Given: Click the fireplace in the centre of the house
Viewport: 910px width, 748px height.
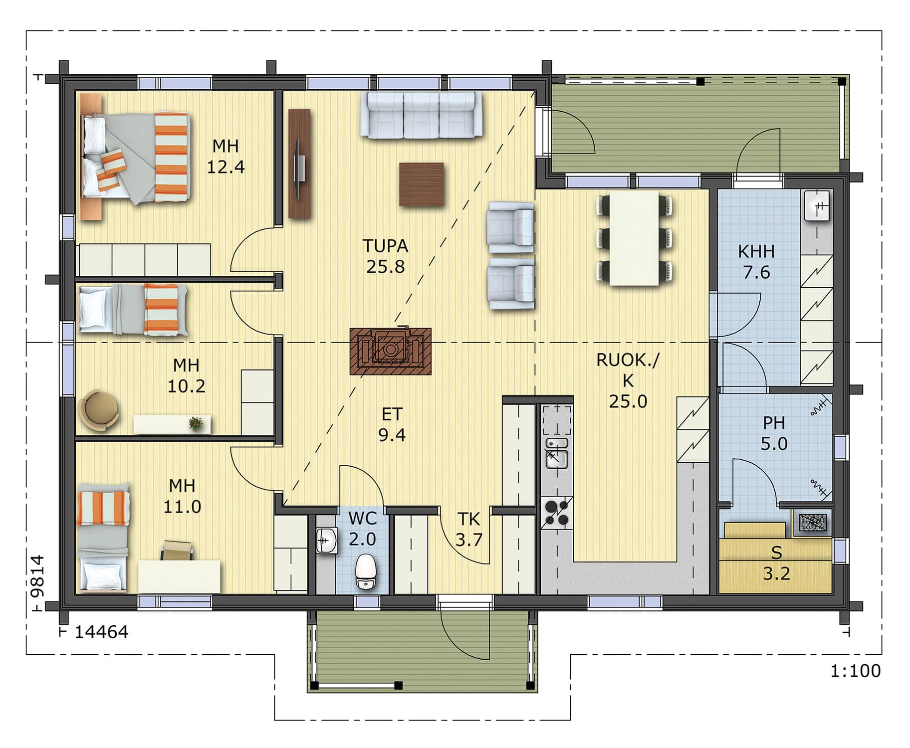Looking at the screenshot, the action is tap(390, 351).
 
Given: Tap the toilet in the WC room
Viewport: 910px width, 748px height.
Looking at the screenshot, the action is tap(366, 571).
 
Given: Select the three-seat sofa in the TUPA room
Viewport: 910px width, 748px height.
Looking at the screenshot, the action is tap(422, 114).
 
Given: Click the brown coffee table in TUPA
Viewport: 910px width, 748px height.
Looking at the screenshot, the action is tap(421, 184).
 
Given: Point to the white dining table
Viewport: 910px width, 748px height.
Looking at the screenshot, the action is tap(634, 238).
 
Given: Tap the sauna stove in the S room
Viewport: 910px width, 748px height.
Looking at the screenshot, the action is tap(812, 522).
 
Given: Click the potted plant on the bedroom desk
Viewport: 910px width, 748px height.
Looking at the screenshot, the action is tap(196, 424).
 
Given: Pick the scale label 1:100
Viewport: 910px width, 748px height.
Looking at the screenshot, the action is tap(855, 671).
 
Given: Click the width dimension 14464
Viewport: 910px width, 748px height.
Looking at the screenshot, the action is tap(101, 632).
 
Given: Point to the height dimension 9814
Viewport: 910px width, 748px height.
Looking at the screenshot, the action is tap(37, 576).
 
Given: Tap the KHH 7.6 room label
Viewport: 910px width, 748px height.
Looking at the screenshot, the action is tap(756, 262).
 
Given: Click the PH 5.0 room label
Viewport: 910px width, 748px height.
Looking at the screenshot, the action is tap(774, 433).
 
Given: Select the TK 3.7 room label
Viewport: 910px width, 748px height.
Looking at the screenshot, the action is tap(469, 529).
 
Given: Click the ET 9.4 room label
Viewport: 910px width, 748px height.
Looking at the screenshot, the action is tap(392, 424).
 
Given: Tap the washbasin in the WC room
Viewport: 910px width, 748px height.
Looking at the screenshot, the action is tap(327, 541).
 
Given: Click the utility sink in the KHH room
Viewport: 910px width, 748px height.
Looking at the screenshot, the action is tap(817, 205).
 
